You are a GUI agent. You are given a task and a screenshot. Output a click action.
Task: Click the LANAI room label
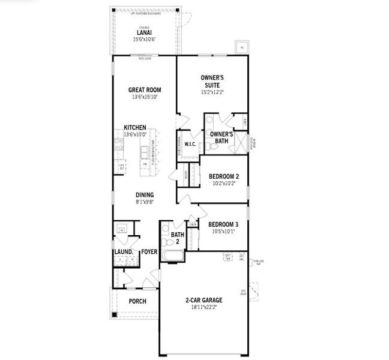pyautogui.click(x=143, y=32)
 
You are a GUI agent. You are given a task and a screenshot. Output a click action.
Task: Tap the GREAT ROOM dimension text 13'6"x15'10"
pyautogui.click(x=145, y=97)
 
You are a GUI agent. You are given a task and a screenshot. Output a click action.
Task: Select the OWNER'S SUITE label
pyautogui.click(x=212, y=81)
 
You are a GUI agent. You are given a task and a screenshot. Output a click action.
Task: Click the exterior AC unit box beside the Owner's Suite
pyautogui.click(x=242, y=47)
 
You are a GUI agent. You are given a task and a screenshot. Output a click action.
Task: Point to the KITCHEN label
pyautogui.click(x=134, y=127)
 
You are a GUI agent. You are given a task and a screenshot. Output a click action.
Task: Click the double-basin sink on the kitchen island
pyautogui.click(x=146, y=154)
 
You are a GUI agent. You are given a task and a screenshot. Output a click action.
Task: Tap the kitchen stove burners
pyautogui.click(x=119, y=145)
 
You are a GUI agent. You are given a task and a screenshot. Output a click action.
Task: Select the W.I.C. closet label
pyautogui.click(x=191, y=144)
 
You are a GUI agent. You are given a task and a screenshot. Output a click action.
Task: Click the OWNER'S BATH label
pyautogui.click(x=221, y=137)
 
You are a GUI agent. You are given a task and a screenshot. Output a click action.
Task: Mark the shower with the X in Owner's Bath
pyautogui.click(x=242, y=143)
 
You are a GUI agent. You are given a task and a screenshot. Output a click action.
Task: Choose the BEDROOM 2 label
pyautogui.click(x=224, y=176)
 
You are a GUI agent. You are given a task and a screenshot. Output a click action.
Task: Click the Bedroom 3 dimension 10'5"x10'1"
pyautogui.click(x=224, y=231)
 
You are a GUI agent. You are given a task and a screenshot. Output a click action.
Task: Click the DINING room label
pyautogui.click(x=145, y=194)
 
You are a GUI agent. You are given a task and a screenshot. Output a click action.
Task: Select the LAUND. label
pyautogui.click(x=123, y=252)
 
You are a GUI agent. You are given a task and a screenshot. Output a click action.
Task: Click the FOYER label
pyautogui.click(x=149, y=252)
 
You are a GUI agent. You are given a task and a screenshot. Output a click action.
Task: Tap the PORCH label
pyautogui.click(x=137, y=301)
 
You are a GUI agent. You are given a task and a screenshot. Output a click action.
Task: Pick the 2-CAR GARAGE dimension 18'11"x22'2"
pyautogui.click(x=204, y=307)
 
